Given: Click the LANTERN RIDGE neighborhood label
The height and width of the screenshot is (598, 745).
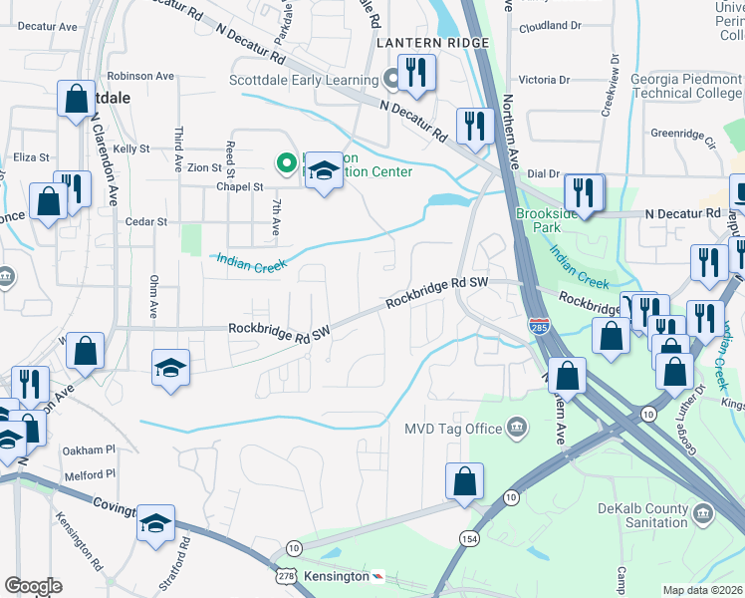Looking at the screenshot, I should pos(432,43).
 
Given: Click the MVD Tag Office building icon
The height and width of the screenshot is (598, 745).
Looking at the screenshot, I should pos(517,429).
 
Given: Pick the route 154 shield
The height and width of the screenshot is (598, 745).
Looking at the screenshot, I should pos(467,538).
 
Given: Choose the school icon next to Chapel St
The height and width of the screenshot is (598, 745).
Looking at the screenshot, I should pos(323,170).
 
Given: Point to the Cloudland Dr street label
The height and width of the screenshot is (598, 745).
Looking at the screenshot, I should pos(548,26).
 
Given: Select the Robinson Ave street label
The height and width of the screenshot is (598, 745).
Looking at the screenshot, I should pos(140,75).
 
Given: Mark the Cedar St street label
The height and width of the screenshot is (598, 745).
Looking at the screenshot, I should pos(146,221).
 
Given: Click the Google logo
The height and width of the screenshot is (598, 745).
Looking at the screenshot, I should pos(33,586).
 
